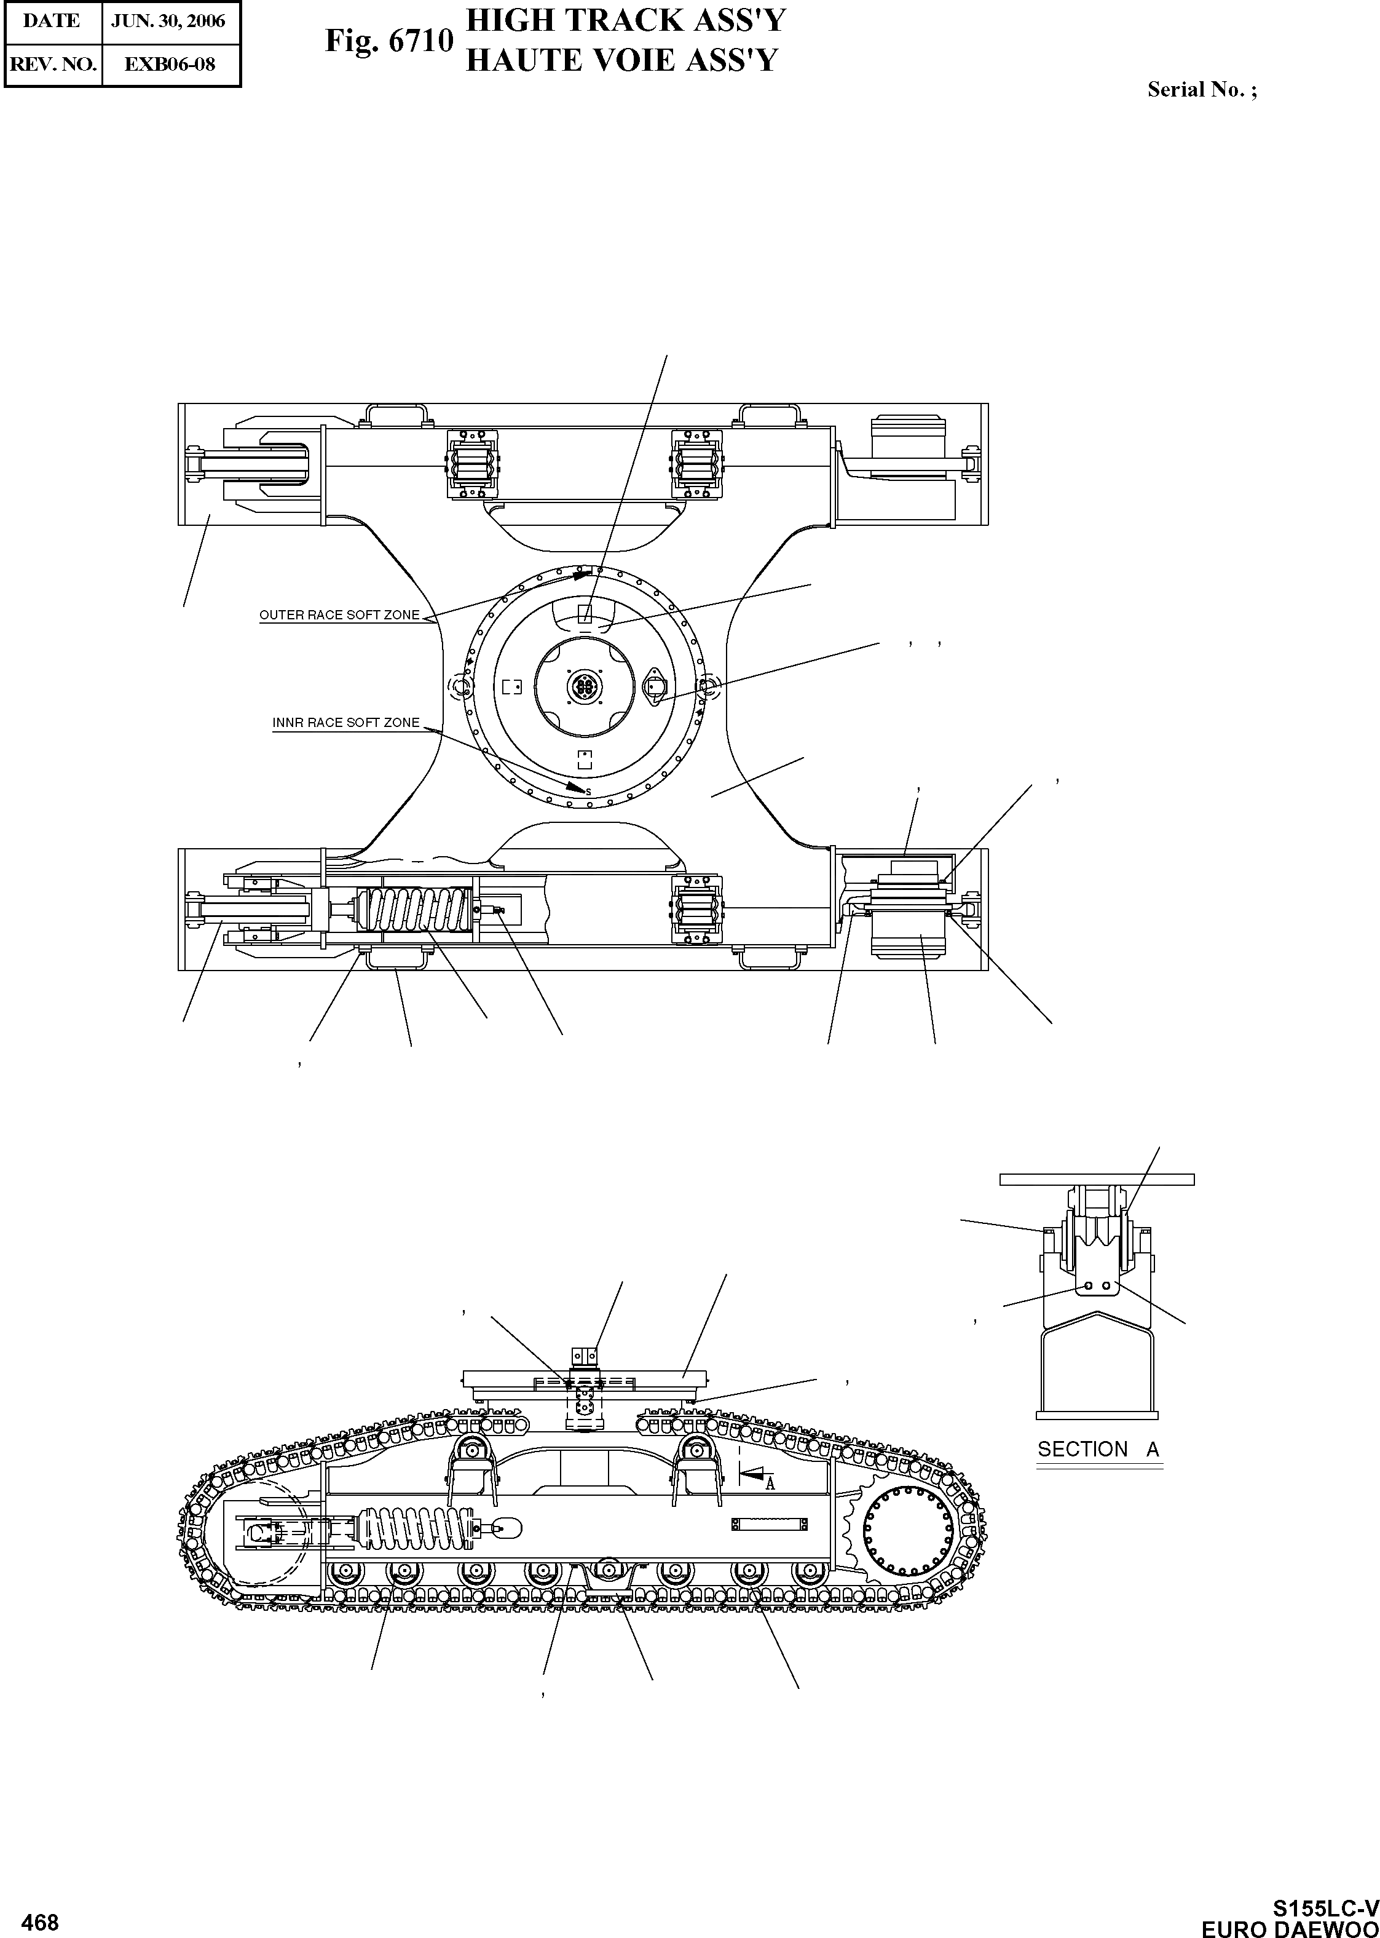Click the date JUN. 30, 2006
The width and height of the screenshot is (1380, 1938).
168,22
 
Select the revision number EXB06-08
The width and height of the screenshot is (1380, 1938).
170,65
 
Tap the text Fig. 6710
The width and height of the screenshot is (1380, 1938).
388,41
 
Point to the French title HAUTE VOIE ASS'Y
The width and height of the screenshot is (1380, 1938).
621,60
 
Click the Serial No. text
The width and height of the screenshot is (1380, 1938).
1201,90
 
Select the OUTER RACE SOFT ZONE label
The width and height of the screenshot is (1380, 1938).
339,616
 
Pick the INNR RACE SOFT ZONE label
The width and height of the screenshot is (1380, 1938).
346,723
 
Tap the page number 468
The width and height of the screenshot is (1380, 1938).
40,1923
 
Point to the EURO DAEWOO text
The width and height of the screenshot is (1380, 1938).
1290,1928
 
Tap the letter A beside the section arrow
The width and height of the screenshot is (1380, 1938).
770,1485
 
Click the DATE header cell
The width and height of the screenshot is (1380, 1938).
52,22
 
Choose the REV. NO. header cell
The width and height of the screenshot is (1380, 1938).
53,65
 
